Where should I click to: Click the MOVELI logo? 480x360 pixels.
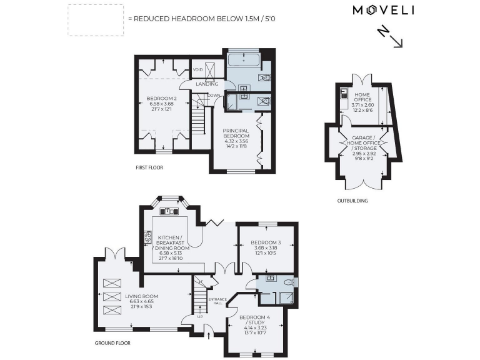[x=384, y=10]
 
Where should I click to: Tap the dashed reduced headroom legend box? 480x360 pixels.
[x=95, y=19]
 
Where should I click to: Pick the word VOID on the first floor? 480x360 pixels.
[x=197, y=69]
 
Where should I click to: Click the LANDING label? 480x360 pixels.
[x=207, y=84]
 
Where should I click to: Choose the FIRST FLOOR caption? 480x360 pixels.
[x=150, y=168]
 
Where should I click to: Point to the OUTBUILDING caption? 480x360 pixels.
[x=353, y=201]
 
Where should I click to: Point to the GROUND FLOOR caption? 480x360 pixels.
[x=113, y=343]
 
